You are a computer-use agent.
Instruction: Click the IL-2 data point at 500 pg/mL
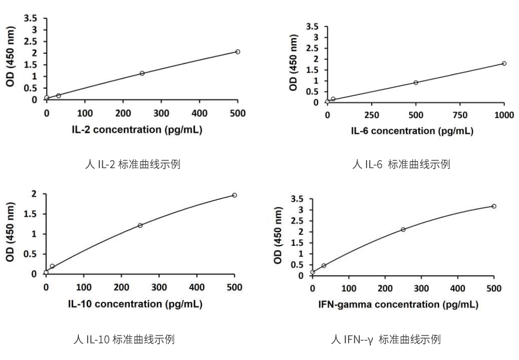(x=237, y=52)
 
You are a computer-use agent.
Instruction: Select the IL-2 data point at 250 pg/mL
(x=142, y=73)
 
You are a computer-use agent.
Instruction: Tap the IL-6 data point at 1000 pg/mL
(x=504, y=63)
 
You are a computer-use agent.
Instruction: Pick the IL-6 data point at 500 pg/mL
(x=416, y=82)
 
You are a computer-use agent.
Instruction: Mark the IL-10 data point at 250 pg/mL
(x=140, y=225)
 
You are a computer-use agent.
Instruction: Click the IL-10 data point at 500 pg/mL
(x=234, y=195)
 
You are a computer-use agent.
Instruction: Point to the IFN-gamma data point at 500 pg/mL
(x=494, y=206)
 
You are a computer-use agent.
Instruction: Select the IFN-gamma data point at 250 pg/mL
(x=403, y=229)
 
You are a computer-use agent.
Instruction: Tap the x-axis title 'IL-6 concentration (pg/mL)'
(x=412, y=131)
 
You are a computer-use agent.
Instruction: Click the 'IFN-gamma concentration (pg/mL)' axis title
(x=398, y=304)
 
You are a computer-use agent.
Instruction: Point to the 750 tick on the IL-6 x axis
(x=460, y=115)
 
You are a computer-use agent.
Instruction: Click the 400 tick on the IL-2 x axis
(x=199, y=113)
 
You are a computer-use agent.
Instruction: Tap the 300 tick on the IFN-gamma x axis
(x=421, y=288)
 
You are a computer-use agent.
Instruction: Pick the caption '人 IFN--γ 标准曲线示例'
(x=386, y=339)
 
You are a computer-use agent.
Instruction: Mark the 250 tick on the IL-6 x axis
(x=371, y=115)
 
